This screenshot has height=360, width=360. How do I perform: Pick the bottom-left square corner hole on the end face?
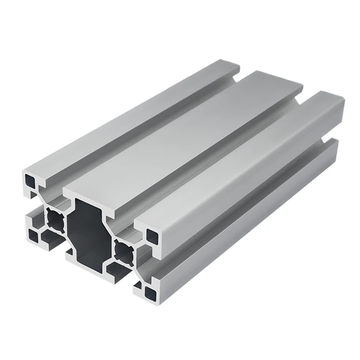click(34, 235)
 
